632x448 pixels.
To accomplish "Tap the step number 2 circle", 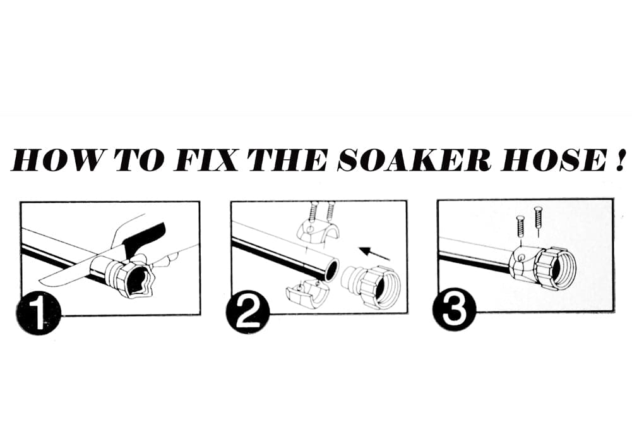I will coord(248,312).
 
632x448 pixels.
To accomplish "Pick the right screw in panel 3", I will coord(539,219).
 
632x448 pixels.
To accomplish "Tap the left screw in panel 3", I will coord(520,226).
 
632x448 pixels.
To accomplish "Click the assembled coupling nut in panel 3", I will coord(556,267).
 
